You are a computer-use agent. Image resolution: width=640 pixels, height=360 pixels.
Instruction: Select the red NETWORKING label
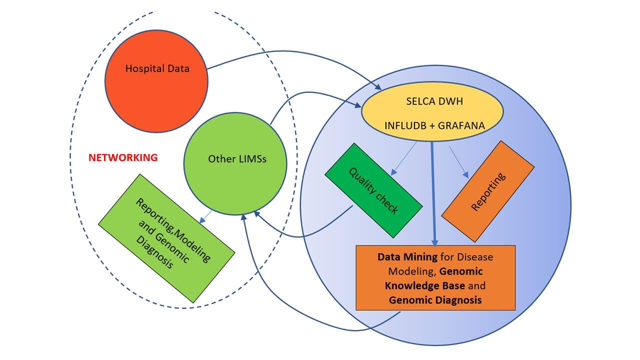(x=123, y=157)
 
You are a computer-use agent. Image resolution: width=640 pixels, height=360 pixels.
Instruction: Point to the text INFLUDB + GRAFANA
(x=434, y=125)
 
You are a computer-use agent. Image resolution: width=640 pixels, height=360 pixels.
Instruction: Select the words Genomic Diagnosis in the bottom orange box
(x=435, y=300)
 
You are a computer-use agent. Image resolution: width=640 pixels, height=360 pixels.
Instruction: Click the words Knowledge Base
(x=425, y=286)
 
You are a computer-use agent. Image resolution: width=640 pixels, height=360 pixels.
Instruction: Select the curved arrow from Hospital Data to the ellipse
(x=290, y=51)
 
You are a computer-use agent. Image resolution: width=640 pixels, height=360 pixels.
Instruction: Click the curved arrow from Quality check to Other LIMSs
(x=300, y=235)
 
